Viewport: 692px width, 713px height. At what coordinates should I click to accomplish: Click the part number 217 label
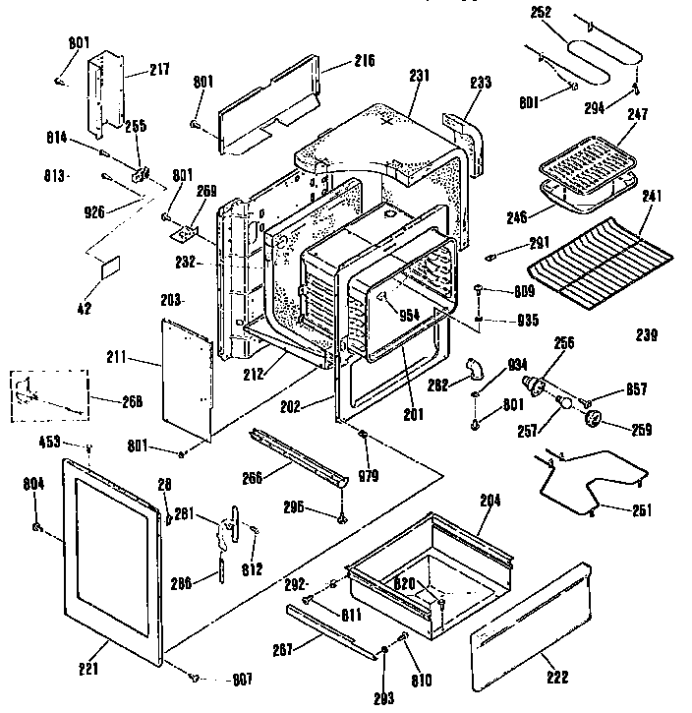click(159, 70)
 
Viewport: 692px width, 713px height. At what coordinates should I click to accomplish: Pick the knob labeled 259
click(593, 420)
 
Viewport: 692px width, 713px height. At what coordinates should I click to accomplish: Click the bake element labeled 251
click(590, 482)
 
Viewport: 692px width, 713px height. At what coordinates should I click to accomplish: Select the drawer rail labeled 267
click(334, 629)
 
